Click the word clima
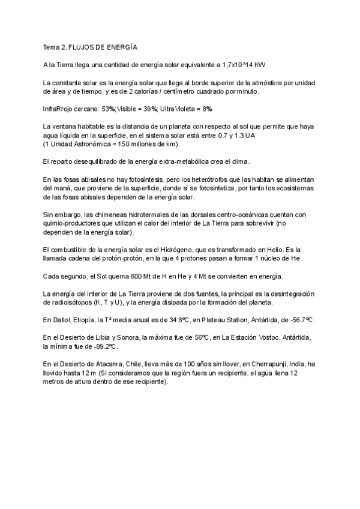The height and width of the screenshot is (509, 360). [238, 162]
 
